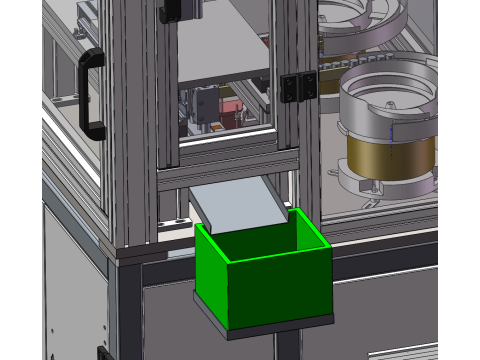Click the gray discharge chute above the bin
pos(238,205)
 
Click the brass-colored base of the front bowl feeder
pos(390,155)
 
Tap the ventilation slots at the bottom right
pos(404,351)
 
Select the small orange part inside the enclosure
pos(213,126)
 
